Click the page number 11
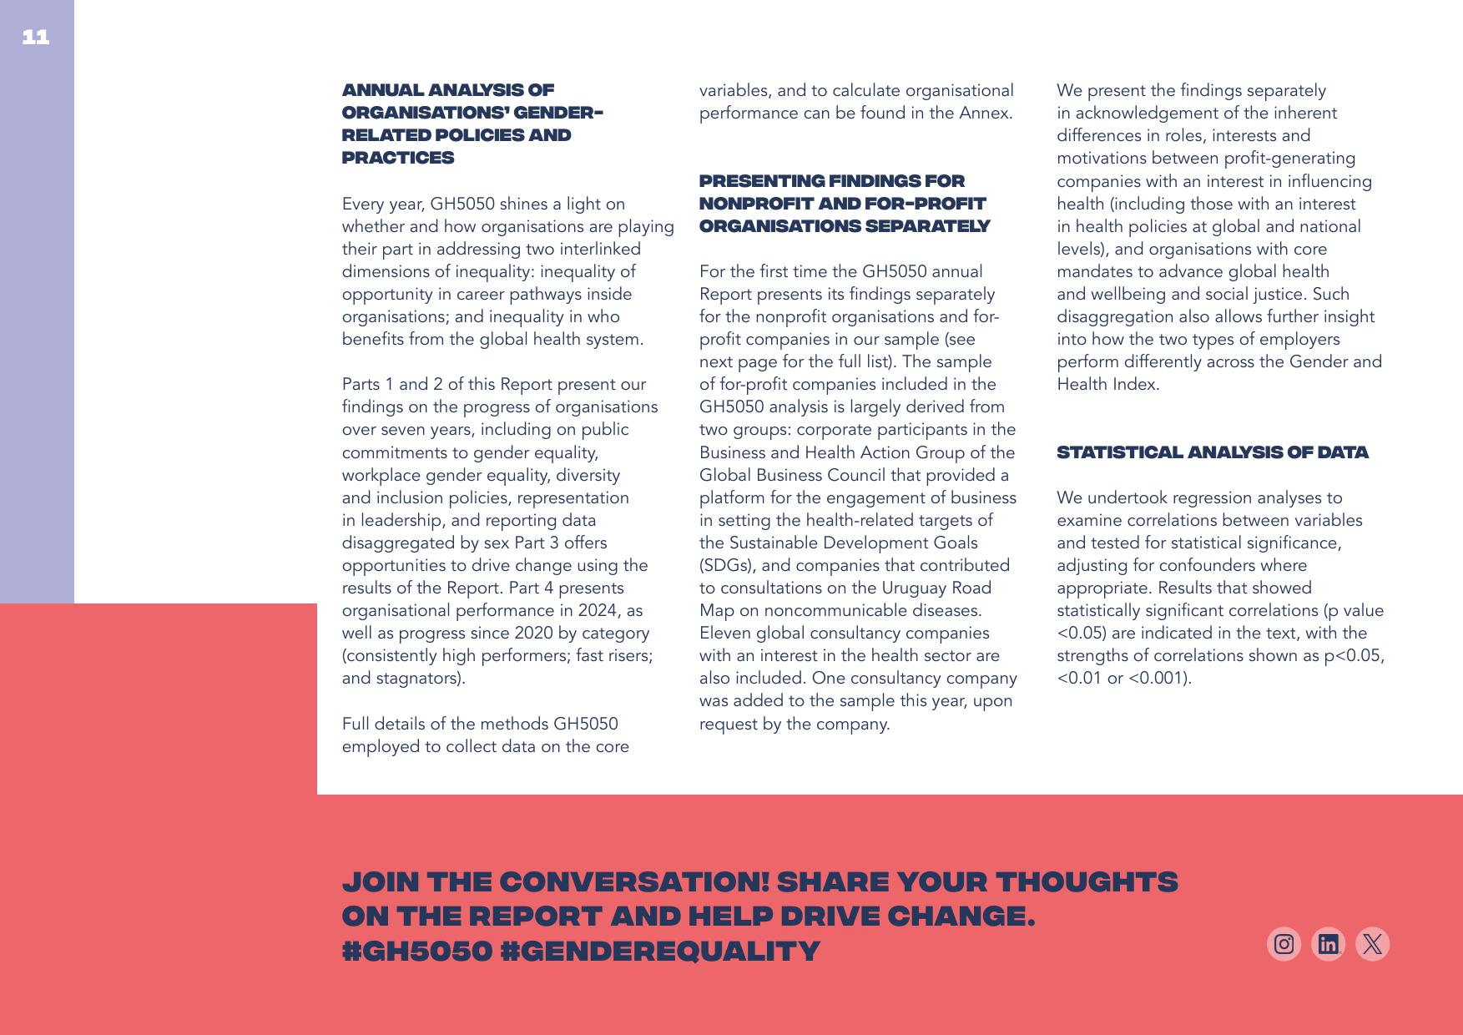[x=35, y=37]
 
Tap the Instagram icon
[x=1284, y=944]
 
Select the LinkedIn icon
[x=1328, y=944]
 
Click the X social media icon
[x=1372, y=944]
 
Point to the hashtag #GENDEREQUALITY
[x=660, y=951]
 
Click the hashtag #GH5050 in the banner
[x=417, y=951]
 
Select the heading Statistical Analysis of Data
[x=1212, y=452]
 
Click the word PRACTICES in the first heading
[x=398, y=158]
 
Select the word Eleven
[x=724, y=633]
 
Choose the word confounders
[x=1214, y=565]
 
